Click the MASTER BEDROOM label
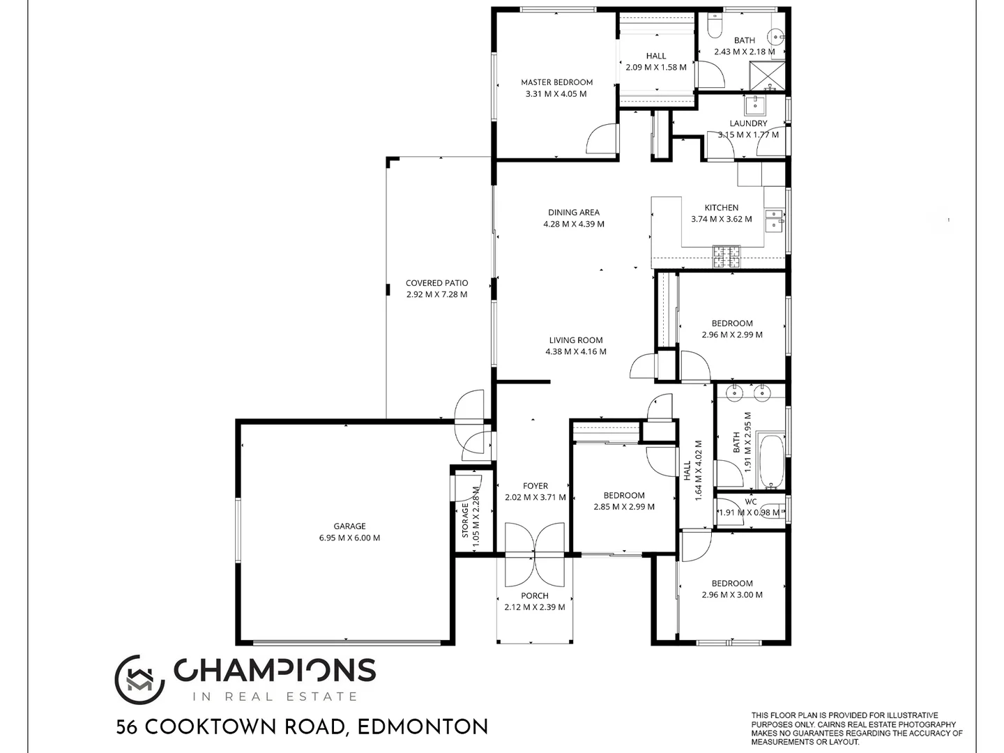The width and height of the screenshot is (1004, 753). click(x=556, y=82)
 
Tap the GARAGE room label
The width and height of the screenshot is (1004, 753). click(x=349, y=526)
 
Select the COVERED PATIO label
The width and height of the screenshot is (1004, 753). click(x=436, y=283)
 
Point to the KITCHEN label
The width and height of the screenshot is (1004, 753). click(x=721, y=208)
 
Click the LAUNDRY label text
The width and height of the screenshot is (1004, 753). click(x=748, y=123)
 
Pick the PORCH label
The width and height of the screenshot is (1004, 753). click(x=535, y=596)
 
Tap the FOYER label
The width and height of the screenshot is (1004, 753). click(x=535, y=486)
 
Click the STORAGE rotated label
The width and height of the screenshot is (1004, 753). click(x=465, y=520)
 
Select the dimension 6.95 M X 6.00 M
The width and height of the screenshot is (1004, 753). click(x=349, y=538)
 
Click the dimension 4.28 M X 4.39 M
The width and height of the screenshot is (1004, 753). click(x=574, y=225)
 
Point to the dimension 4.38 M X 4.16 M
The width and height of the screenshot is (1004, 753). click(x=576, y=352)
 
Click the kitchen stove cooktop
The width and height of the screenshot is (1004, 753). click(x=726, y=257)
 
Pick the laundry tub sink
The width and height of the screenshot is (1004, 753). click(x=754, y=106)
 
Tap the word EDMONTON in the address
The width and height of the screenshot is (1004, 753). click(x=423, y=728)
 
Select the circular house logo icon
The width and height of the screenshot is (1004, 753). click(x=139, y=680)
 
